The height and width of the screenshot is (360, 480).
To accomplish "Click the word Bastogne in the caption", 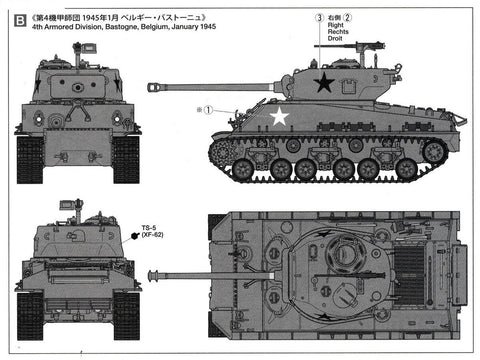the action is tap(123, 28).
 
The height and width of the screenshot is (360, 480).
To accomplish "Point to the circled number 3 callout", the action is tap(319, 17).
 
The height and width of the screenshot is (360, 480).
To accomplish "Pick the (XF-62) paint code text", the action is tap(153, 237).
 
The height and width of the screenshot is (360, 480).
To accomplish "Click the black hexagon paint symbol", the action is tap(134, 235).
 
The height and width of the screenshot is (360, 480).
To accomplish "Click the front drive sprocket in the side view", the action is tap(223, 152).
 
